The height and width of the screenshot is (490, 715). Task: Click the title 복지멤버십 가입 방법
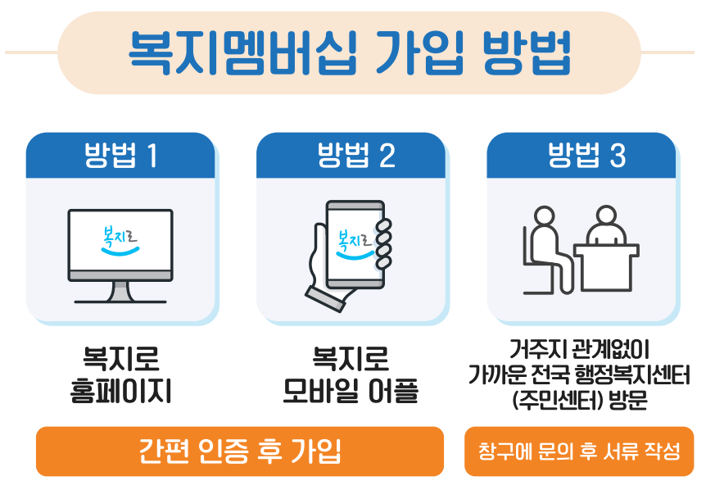(x=350, y=52)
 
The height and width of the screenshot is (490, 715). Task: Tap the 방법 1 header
(x=120, y=156)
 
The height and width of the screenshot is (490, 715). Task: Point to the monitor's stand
(x=120, y=292)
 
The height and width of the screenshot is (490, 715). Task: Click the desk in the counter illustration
(x=608, y=267)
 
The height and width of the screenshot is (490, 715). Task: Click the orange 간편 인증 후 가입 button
(x=240, y=451)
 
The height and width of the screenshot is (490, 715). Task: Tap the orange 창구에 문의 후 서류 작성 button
(x=579, y=451)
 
